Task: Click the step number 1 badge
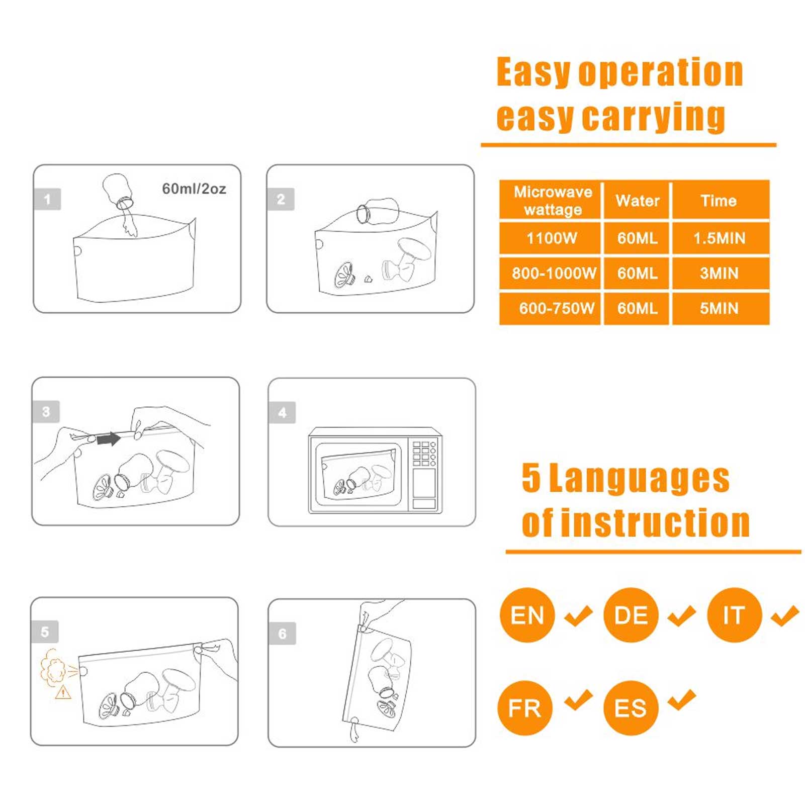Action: (47, 199)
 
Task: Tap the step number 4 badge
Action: (282, 413)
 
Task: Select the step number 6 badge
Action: (283, 634)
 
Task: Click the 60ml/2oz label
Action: (194, 189)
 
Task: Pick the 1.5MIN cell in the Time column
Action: (720, 238)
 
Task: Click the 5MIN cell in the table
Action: (720, 308)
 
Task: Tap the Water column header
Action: (637, 200)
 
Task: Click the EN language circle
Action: (527, 615)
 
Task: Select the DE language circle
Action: (631, 615)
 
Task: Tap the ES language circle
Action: (631, 708)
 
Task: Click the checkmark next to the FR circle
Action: (578, 700)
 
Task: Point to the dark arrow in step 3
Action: (109, 439)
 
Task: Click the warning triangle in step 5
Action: (63, 692)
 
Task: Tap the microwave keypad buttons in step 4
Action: (424, 454)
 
